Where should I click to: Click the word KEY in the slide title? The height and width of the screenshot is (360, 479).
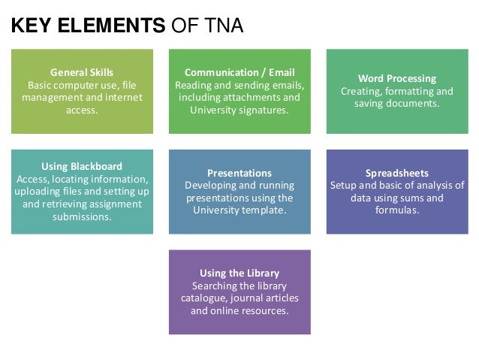click(x=32, y=28)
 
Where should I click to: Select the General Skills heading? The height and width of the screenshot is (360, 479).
click(x=82, y=73)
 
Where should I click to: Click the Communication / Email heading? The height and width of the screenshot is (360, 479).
click(x=239, y=73)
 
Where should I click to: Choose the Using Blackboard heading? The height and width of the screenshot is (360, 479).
click(x=82, y=166)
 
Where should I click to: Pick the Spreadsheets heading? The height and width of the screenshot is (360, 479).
click(x=397, y=172)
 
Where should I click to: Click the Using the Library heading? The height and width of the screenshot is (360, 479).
click(x=239, y=272)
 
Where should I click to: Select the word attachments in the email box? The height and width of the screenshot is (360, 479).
click(x=258, y=98)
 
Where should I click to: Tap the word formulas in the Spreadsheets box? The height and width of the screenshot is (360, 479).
click(x=397, y=210)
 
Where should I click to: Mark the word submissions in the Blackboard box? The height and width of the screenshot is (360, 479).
click(x=82, y=217)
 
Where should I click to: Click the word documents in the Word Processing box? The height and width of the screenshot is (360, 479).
click(x=415, y=103)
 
